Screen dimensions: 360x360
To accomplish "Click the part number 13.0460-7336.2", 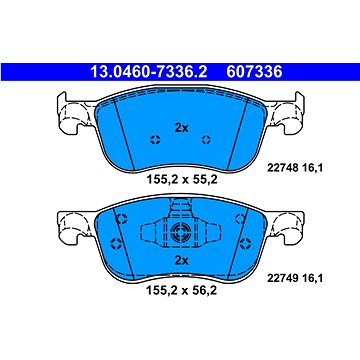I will [x=148, y=72].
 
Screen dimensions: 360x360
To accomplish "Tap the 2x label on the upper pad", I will [x=181, y=127].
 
